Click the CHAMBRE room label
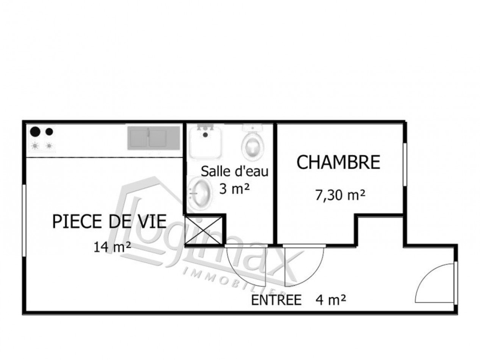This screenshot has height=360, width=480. click(x=338, y=163)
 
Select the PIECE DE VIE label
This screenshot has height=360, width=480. click(x=109, y=222)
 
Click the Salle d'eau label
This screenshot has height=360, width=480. click(x=235, y=171)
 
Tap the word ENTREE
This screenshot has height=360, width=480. click(x=277, y=300)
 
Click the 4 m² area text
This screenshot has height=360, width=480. click(x=330, y=300)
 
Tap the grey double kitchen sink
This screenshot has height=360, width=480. click(x=153, y=137)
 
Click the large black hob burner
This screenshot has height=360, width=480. click(x=35, y=131)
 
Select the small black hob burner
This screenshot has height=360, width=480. click(x=49, y=132)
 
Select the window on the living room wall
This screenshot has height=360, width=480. click(x=24, y=220)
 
